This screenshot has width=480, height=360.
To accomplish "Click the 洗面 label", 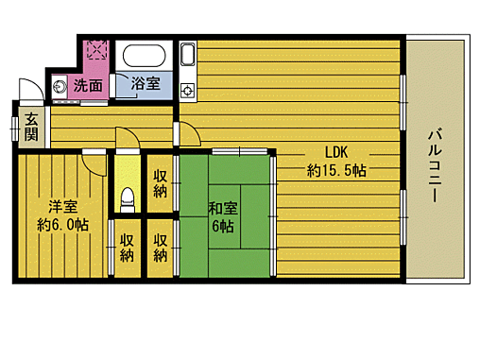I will click(x=88, y=84).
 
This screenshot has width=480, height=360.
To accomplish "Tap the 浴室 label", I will click(x=145, y=84).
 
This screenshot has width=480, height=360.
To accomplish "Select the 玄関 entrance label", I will click(x=31, y=126).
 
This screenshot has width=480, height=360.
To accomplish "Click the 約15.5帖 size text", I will click(x=336, y=171).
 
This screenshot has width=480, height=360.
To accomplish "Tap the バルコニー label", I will click(x=436, y=162).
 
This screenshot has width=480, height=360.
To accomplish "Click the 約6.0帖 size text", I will click(x=63, y=225).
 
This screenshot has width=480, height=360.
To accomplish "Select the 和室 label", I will click(x=224, y=209).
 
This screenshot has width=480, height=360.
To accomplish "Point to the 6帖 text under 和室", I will click(x=224, y=227).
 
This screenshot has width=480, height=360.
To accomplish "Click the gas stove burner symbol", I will click(x=186, y=91).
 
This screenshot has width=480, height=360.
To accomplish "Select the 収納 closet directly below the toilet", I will click(x=127, y=247).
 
